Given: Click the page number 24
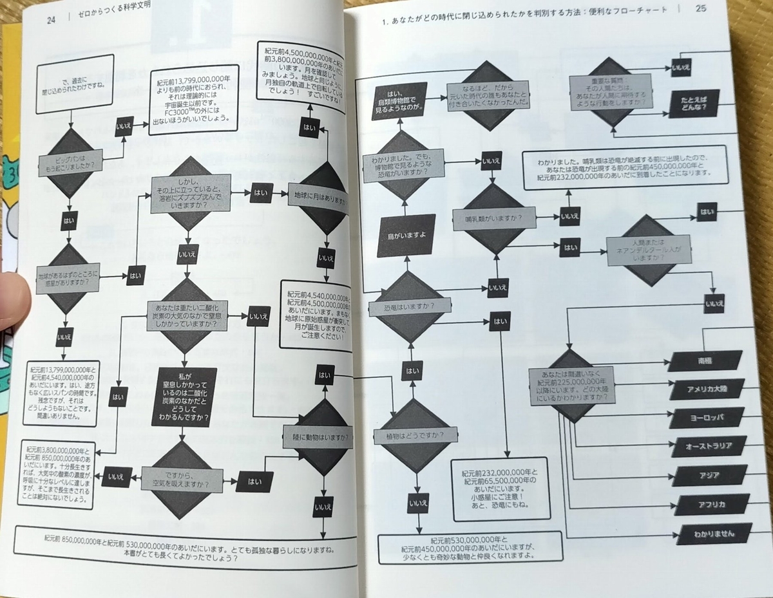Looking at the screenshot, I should pyautogui.click(x=52, y=19).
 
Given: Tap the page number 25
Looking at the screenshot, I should pyautogui.click(x=701, y=9).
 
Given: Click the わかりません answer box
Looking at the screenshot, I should pyautogui.click(x=706, y=534).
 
